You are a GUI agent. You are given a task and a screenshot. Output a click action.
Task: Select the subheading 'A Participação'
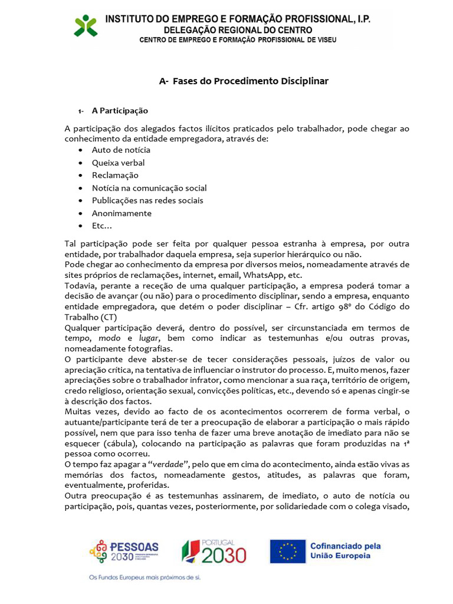coord(120,111)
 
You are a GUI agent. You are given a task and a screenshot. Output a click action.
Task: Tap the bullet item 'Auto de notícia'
coord(121,150)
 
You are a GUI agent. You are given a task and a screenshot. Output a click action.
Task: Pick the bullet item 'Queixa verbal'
coord(118,163)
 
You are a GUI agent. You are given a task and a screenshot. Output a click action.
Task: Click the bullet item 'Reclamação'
coord(115,175)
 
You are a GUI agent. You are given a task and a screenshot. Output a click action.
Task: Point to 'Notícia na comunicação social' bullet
coord(149,188)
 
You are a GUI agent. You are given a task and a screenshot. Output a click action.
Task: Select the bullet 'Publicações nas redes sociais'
coord(147,201)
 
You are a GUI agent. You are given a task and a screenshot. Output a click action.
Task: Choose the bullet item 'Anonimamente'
coord(122,214)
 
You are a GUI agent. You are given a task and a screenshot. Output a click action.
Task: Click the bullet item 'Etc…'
coord(101,226)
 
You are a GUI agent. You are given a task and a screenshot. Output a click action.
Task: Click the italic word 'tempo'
coord(77,338)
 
